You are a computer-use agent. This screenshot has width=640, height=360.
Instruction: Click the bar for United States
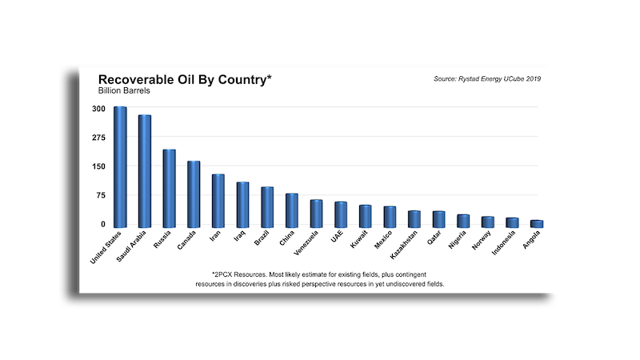(120, 166)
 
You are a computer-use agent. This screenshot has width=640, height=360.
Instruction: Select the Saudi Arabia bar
(145, 170)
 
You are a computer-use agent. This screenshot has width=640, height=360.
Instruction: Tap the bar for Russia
(170, 187)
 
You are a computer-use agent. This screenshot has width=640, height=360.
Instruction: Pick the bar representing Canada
(194, 193)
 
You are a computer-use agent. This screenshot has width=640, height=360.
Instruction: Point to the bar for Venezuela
(316, 212)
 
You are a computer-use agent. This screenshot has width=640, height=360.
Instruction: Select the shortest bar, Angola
(537, 222)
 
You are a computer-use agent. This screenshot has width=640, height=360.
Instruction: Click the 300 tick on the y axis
(98, 108)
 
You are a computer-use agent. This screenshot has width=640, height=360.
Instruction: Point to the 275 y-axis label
(98, 137)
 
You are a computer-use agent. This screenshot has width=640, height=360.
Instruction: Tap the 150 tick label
(98, 166)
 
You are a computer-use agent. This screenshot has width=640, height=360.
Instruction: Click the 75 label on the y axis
(99, 195)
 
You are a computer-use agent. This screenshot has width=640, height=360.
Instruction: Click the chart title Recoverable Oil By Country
(185, 80)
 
